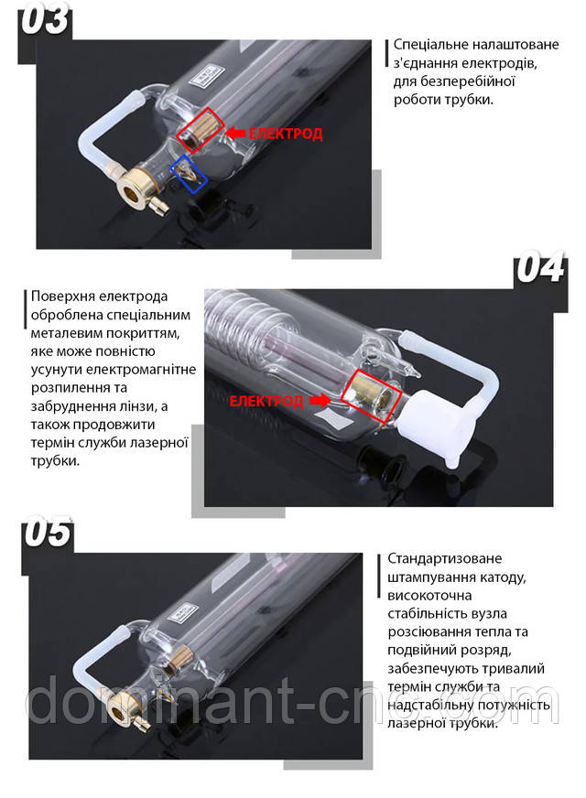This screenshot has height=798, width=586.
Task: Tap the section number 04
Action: pyautogui.click(x=540, y=268)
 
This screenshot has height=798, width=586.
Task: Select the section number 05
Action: pyautogui.click(x=47, y=532)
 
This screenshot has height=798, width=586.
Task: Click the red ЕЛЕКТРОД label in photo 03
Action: pyautogui.click(x=286, y=134)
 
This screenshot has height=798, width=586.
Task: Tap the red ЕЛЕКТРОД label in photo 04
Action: pyautogui.click(x=266, y=402)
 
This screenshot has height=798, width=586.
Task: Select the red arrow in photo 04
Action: pyautogui.click(x=320, y=401)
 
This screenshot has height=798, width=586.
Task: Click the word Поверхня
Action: pyautogui.click(x=62, y=297)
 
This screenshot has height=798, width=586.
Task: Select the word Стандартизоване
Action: pyautogui.click(x=444, y=558)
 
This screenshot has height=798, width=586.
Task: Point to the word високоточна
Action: pyautogui.click(x=429, y=595)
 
